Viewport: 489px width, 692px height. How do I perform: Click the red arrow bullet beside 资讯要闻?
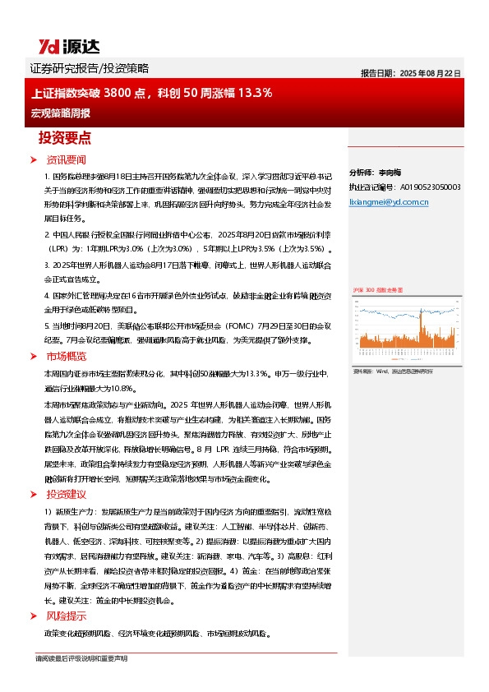pyautogui.click(x=34, y=159)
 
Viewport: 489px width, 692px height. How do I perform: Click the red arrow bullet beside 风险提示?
pyautogui.click(x=34, y=616)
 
